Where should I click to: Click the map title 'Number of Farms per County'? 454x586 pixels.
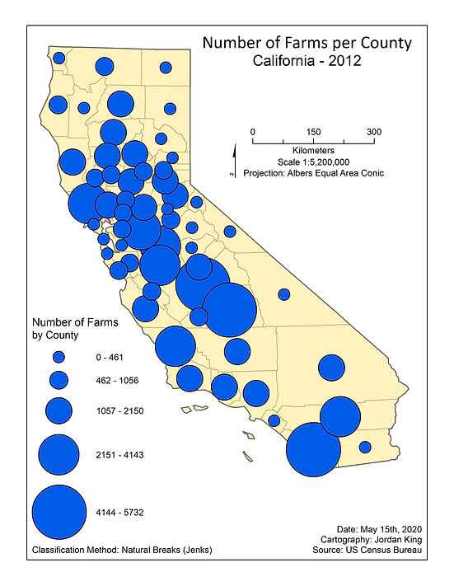pyautogui.click(x=307, y=42)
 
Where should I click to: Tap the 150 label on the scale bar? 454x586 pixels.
pyautogui.click(x=313, y=132)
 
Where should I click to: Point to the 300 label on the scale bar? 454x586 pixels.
pyautogui.click(x=374, y=132)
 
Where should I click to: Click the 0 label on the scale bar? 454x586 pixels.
pyautogui.click(x=253, y=132)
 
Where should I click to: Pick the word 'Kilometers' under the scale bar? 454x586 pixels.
pyautogui.click(x=313, y=152)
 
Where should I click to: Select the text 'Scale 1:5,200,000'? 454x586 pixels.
pyautogui.click(x=313, y=162)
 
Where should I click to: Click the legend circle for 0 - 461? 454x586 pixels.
pyautogui.click(x=59, y=358)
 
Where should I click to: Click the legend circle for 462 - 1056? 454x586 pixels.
pyautogui.click(x=59, y=380)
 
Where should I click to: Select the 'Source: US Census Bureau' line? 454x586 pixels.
pyautogui.click(x=381, y=550)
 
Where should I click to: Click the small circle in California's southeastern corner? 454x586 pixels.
pyautogui.click(x=365, y=448)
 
